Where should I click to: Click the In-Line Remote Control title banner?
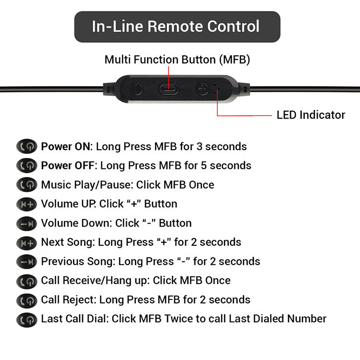click(177, 26)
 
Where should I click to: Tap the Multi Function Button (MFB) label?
click(177, 60)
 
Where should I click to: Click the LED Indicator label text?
click(311, 115)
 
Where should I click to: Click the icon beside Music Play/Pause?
click(26, 185)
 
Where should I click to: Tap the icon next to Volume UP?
click(26, 204)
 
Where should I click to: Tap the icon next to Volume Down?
click(26, 223)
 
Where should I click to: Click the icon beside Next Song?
click(26, 242)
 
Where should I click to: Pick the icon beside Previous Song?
click(26, 262)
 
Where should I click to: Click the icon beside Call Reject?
click(26, 300)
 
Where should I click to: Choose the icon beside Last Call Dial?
click(26, 319)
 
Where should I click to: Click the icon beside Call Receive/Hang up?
click(26, 281)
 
